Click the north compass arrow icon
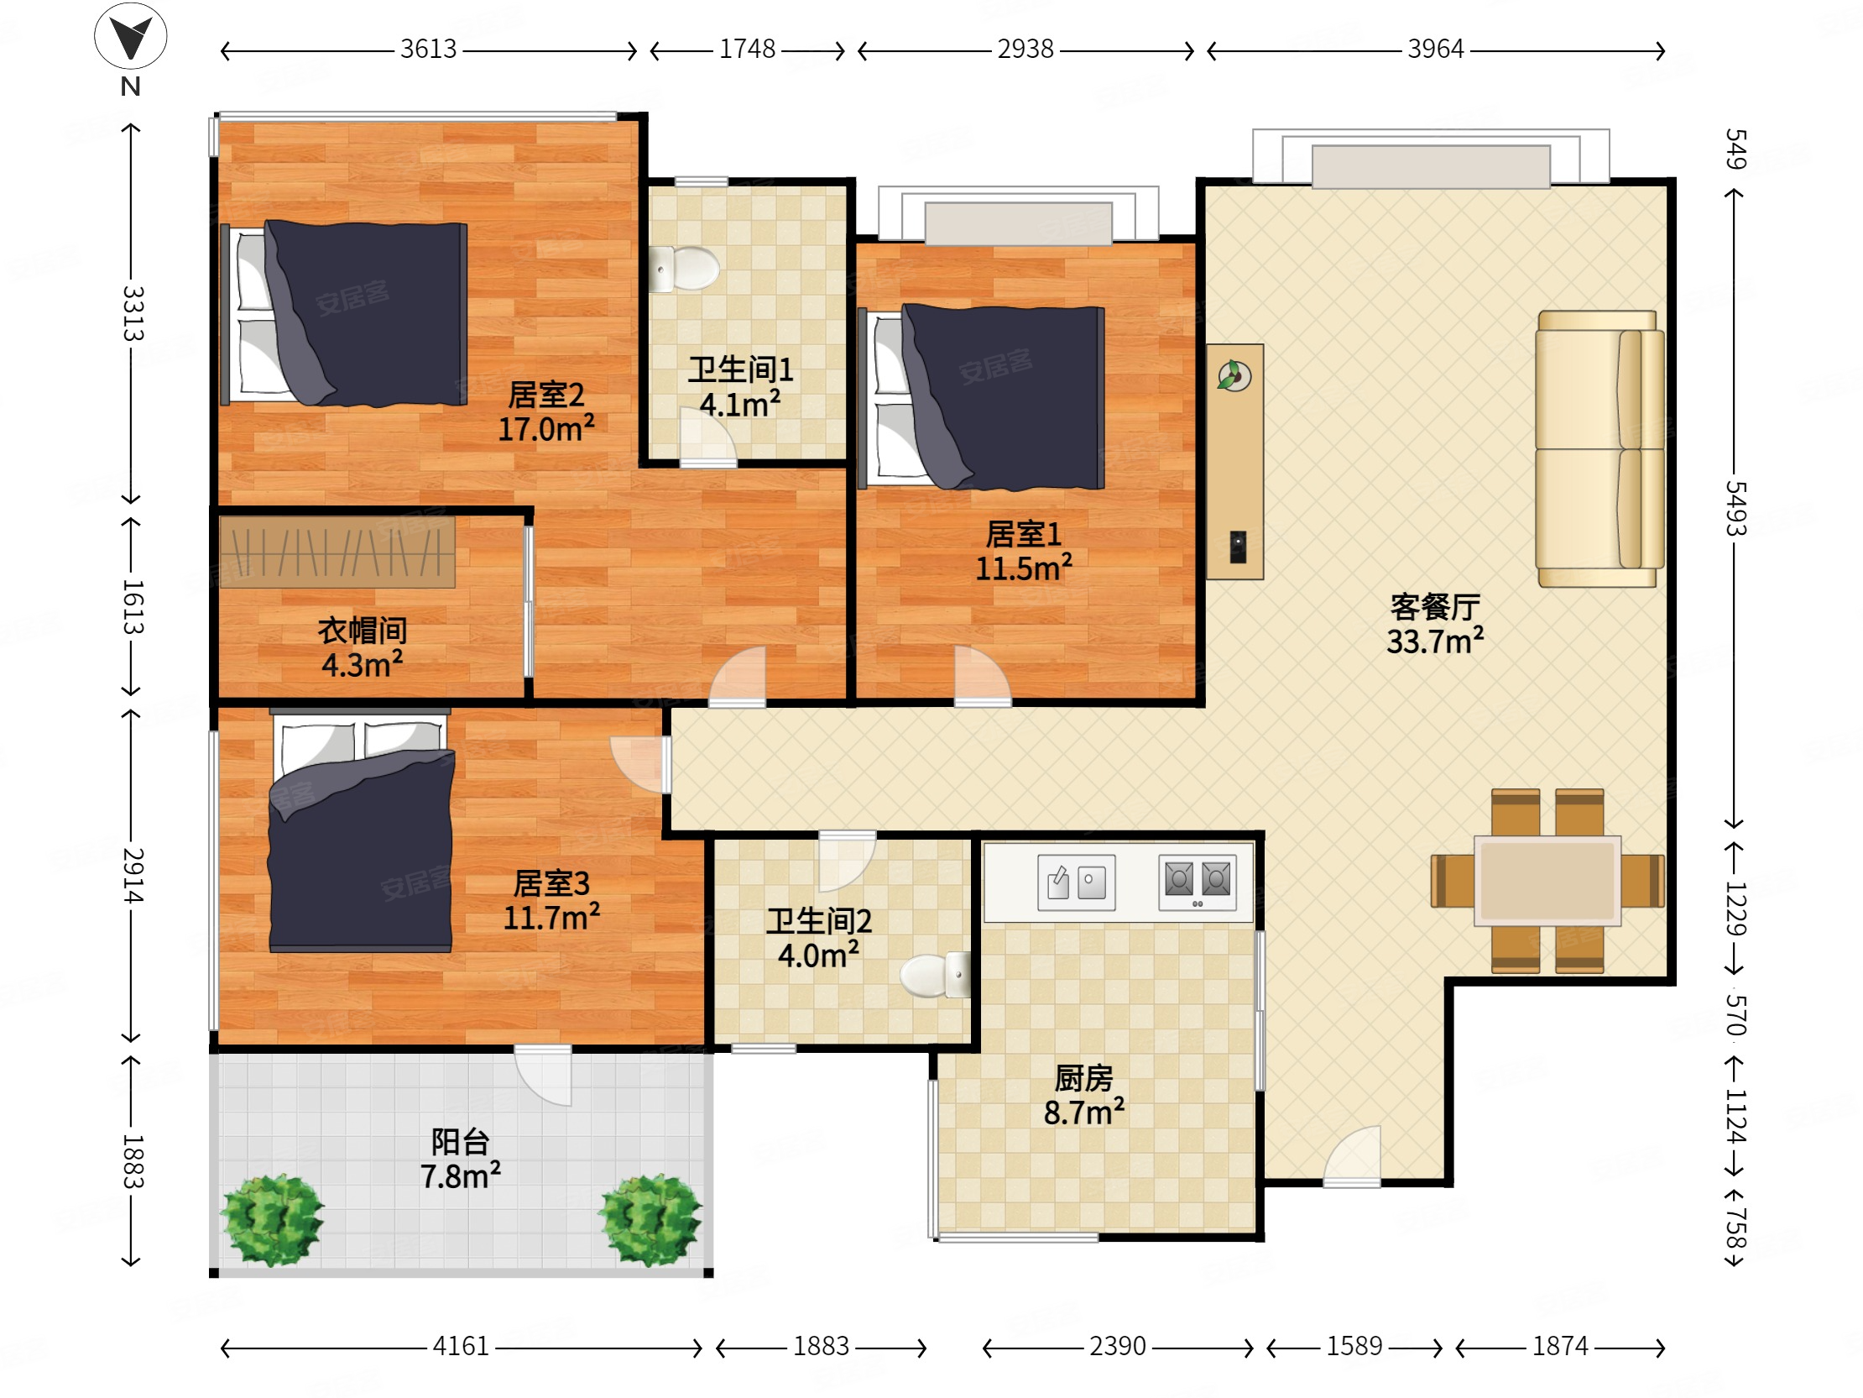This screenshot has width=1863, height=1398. tap(131, 35)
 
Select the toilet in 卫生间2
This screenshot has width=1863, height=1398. tap(935, 975)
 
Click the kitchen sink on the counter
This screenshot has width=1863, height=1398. tap(1077, 882)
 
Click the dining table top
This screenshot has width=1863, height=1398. tap(1547, 881)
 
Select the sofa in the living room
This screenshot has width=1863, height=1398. tap(1599, 448)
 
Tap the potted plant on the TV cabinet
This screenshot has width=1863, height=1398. tap(1234, 375)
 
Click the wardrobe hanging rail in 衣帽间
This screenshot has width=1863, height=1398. tap(337, 552)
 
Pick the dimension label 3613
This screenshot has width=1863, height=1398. tap(428, 49)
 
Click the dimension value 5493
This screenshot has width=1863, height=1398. tap(1735, 508)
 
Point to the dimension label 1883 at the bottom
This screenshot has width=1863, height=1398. tap(822, 1346)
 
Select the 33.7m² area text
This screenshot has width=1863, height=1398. tap(1435, 641)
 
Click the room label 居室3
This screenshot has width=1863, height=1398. tap(551, 883)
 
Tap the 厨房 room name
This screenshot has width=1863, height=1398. tap(1084, 1078)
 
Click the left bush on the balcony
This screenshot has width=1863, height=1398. tap(271, 1219)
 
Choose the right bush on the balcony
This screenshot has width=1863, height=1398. tap(650, 1219)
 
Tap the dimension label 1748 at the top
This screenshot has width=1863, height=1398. tap(747, 49)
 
